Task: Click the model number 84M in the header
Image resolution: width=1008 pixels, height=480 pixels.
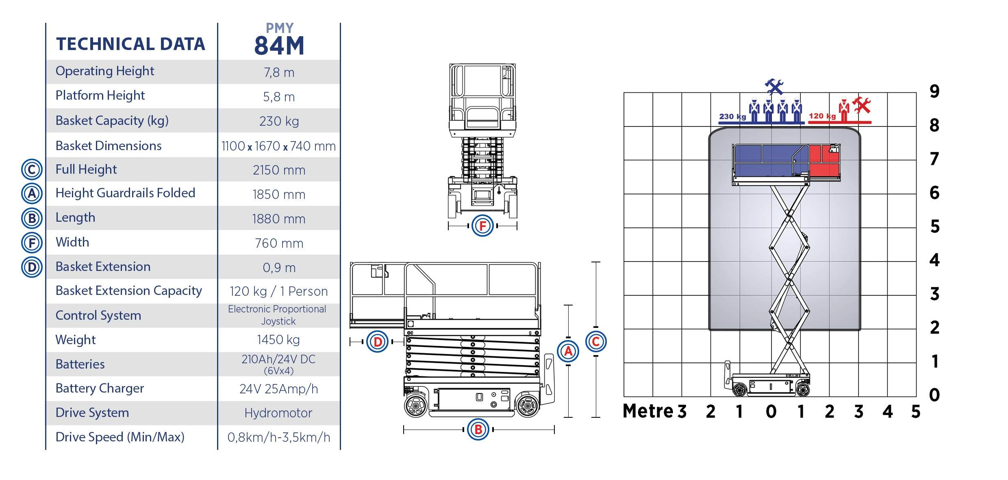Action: coord(279,45)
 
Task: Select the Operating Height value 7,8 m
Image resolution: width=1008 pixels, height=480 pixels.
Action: coord(279,72)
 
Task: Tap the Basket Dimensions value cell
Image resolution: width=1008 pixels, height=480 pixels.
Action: coord(279,146)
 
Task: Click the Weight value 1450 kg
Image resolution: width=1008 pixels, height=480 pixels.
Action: coord(278,340)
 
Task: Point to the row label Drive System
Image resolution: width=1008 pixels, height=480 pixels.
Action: coord(92,412)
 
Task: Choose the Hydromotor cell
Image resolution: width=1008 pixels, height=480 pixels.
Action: coord(278,413)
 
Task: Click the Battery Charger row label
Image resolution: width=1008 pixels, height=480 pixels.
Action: coord(100,388)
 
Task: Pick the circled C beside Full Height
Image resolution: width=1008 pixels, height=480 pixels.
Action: coord(32,170)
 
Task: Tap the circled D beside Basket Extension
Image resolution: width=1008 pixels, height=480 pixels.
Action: coord(32,267)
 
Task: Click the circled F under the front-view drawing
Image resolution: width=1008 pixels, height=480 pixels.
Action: coord(483,225)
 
